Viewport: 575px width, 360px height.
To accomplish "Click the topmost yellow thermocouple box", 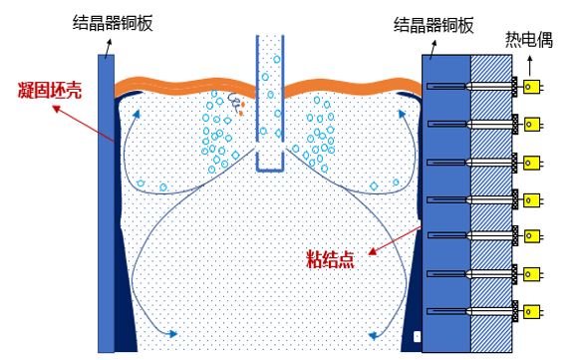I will point(531,87).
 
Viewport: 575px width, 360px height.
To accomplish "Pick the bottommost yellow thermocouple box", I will point(531,309).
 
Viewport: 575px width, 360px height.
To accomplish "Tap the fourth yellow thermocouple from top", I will point(531,198).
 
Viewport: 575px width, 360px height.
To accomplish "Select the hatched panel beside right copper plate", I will point(488,199).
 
